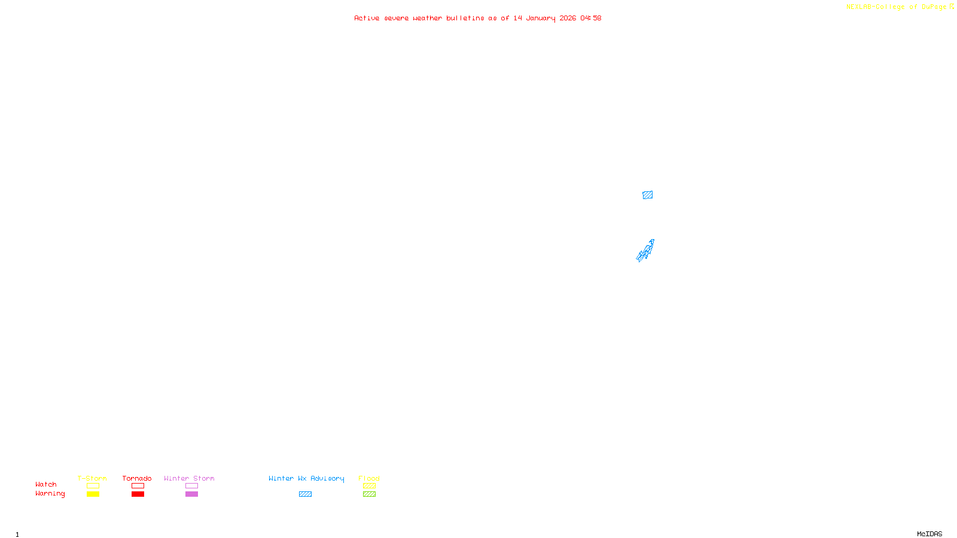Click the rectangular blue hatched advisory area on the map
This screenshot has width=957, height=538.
coord(647,195)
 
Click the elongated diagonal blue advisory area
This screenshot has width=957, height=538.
coord(645,251)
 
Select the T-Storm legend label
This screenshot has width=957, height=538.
coord(92,478)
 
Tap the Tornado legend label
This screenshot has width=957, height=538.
coord(137,478)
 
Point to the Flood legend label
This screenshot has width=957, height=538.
coord(369,478)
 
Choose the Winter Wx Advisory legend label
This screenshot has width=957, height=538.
coord(306,478)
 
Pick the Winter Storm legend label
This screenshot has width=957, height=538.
coord(189,478)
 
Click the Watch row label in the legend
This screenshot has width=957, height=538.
coord(46,484)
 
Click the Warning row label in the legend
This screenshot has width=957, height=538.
coord(50,494)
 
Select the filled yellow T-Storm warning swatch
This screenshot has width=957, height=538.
coord(93,494)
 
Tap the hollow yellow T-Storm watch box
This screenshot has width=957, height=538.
coord(93,486)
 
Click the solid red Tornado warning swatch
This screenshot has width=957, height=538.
coord(138,494)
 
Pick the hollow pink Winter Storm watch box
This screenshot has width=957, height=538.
coord(191,486)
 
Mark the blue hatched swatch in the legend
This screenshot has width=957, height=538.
coord(305,494)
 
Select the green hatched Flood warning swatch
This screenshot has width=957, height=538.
coord(369,494)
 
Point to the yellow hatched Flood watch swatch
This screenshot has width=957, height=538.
coord(369,486)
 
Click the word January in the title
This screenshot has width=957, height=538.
coord(541,18)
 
